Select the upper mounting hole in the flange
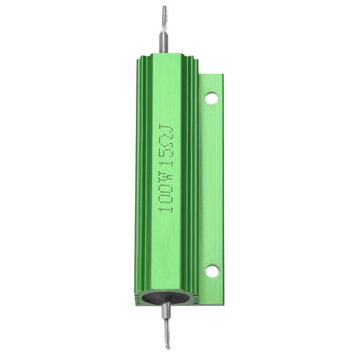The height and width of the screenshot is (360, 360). [x=211, y=98]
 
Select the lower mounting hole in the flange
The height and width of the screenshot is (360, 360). [x=211, y=270]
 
